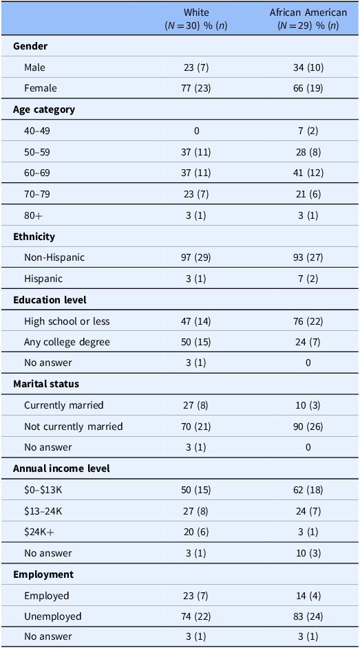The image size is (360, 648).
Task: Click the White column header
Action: (196, 19)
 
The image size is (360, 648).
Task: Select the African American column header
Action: (308, 19)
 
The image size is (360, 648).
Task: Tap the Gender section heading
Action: (30, 46)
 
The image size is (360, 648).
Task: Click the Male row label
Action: (34, 67)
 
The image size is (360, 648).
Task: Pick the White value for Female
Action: (196, 88)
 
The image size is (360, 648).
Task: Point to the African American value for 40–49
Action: (308, 131)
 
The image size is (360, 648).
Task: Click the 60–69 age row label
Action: (37, 173)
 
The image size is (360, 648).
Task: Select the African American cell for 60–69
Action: (308, 173)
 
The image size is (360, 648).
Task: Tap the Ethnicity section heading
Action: (32, 237)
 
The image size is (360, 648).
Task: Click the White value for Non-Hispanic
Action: (196, 257)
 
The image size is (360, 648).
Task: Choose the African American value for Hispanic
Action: (308, 279)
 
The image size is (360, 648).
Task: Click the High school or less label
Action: (67, 321)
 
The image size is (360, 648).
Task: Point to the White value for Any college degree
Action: (196, 342)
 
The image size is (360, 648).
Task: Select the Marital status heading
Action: (46, 384)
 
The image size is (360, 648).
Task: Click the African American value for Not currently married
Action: (308, 426)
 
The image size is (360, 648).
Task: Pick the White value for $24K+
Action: (196, 532)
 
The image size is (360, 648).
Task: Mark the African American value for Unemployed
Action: (308, 616)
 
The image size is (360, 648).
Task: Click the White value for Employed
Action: (196, 596)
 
